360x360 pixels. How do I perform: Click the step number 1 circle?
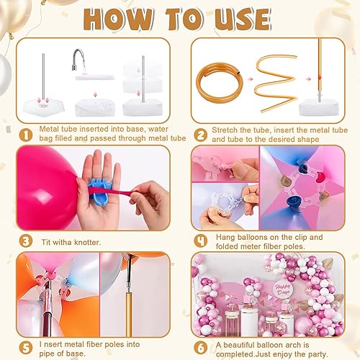point(25,132)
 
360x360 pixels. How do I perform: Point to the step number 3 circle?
point(25,242)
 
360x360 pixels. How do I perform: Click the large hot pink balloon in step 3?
point(47,184)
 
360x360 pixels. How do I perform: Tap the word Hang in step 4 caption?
point(222,237)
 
